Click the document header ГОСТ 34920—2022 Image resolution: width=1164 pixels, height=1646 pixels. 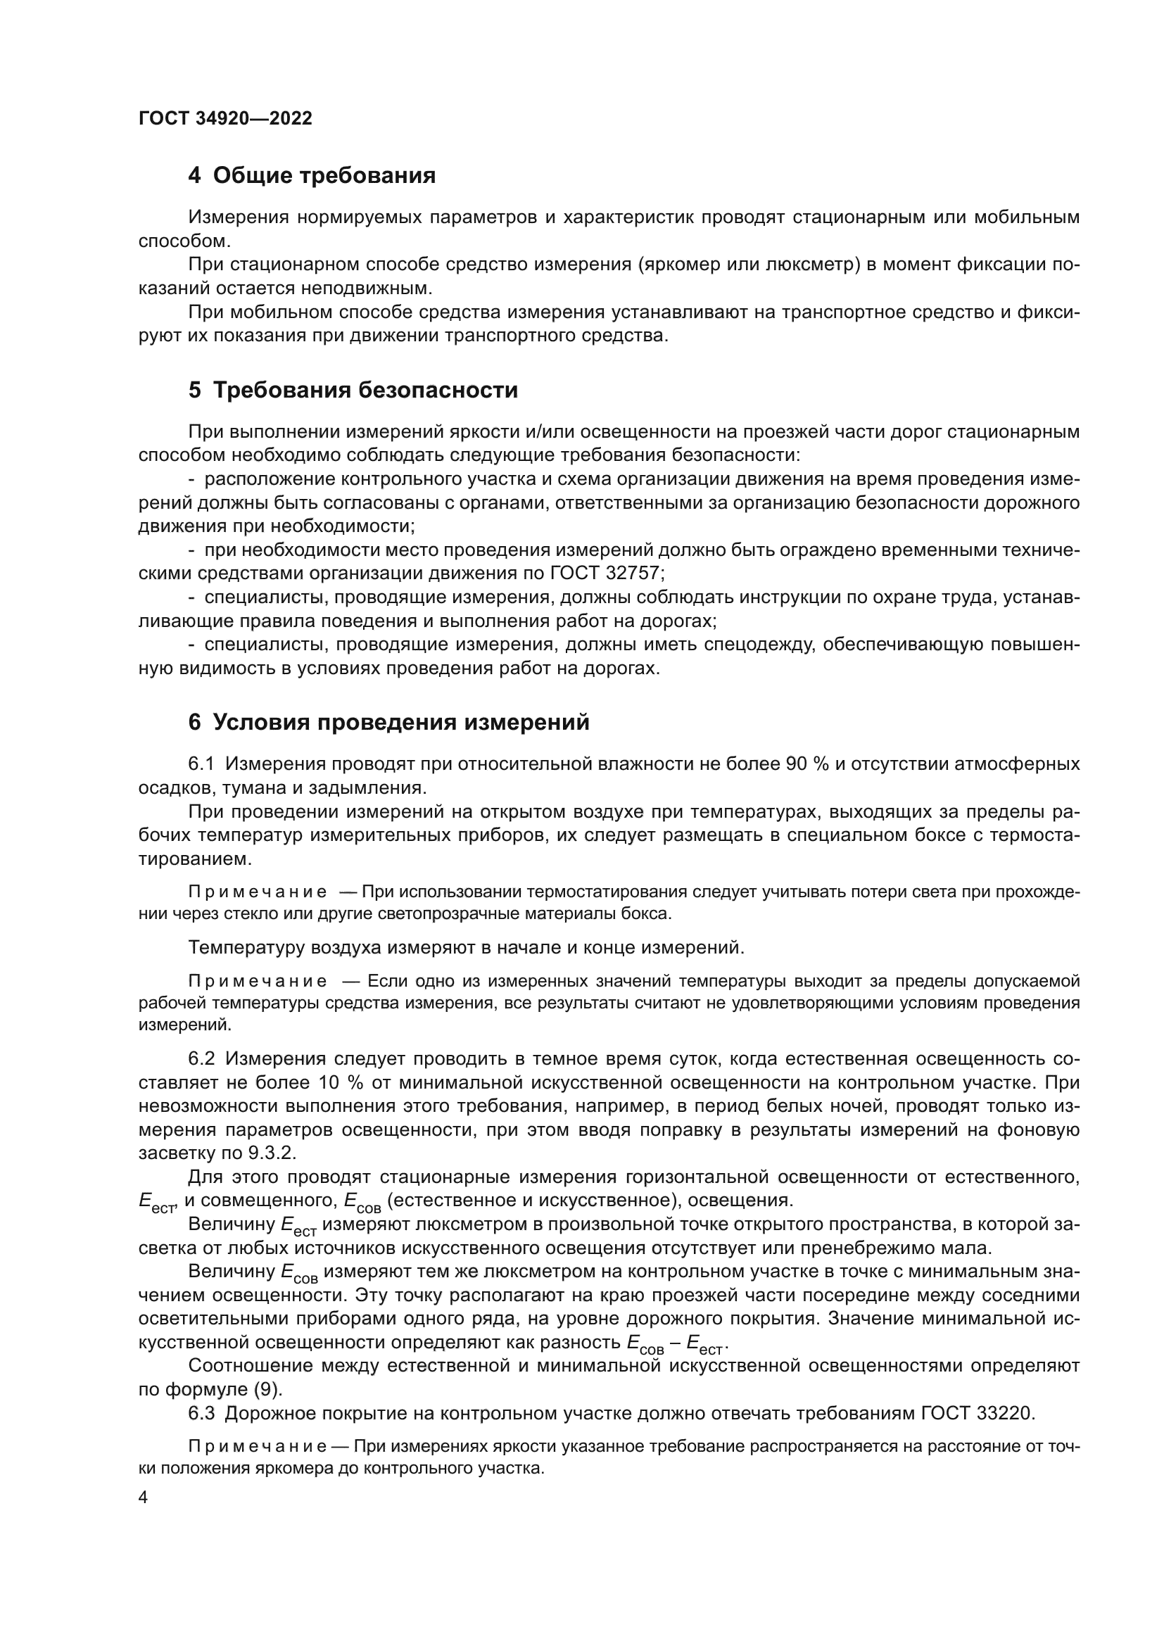225,119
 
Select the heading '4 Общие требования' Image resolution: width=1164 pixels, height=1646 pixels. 312,175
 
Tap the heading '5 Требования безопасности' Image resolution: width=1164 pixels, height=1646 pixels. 353,390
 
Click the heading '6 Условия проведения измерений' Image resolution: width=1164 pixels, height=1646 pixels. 388,722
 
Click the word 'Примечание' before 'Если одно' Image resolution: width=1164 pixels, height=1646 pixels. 258,981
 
